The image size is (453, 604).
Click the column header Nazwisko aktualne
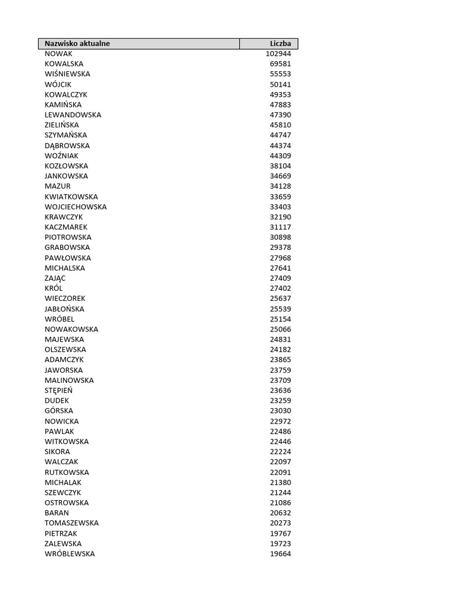(77, 44)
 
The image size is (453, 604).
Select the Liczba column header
(280, 44)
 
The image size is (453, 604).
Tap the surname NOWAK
(58, 53)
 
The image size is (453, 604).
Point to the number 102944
(278, 53)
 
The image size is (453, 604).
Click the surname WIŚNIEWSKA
(67, 74)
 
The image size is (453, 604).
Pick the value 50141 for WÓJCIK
(280, 84)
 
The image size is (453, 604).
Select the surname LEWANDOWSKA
(73, 114)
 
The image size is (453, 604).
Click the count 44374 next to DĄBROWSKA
(280, 145)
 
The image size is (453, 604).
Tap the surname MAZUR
(58, 186)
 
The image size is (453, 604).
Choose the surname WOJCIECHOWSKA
(75, 207)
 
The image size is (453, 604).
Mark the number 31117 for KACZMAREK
(280, 227)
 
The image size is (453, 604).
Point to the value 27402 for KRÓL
(280, 288)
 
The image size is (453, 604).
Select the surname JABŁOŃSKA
(64, 309)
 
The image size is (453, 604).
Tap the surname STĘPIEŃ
(59, 390)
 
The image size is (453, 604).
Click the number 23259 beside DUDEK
(280, 401)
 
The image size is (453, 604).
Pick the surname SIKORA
(57, 452)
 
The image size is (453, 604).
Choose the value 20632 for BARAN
(280, 513)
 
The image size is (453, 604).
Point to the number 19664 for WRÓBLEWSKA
(280, 554)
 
